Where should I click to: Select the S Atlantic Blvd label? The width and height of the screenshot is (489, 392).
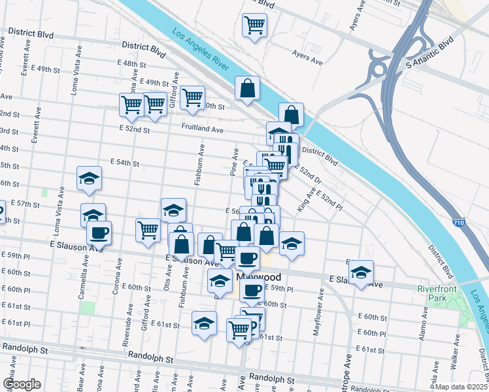pos(430,54)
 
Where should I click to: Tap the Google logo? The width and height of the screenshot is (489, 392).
pos(22,384)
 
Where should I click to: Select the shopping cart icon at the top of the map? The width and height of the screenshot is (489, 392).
pos(254,25)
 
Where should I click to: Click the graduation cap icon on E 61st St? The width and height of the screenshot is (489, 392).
pos(204,323)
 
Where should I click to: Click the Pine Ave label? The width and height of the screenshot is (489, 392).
pos(234,161)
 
